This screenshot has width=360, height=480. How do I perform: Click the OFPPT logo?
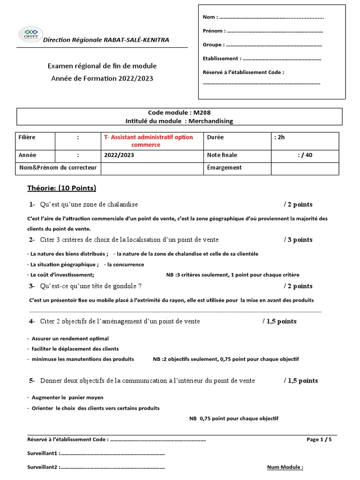[30, 34]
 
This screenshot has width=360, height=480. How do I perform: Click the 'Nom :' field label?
[210, 17]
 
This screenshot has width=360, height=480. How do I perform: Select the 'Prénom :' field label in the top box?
[214, 31]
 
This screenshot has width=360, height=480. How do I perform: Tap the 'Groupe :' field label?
[213, 45]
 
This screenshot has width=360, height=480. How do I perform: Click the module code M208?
[202, 113]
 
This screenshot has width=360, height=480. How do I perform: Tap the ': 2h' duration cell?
[279, 137]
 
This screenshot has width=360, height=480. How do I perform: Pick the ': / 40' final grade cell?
[305, 155]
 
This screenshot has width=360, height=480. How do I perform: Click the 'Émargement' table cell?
[224, 167]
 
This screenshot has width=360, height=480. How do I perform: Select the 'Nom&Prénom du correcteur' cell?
[58, 167]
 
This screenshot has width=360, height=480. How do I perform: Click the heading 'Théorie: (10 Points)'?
[62, 188]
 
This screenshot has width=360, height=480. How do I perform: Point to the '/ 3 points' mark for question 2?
[298, 240]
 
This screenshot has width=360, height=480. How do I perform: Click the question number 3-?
[32, 286]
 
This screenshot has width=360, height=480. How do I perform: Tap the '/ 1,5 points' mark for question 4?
[279, 321]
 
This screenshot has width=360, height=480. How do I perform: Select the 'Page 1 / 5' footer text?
[319, 440]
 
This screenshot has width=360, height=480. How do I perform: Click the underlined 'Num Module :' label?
[285, 467]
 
